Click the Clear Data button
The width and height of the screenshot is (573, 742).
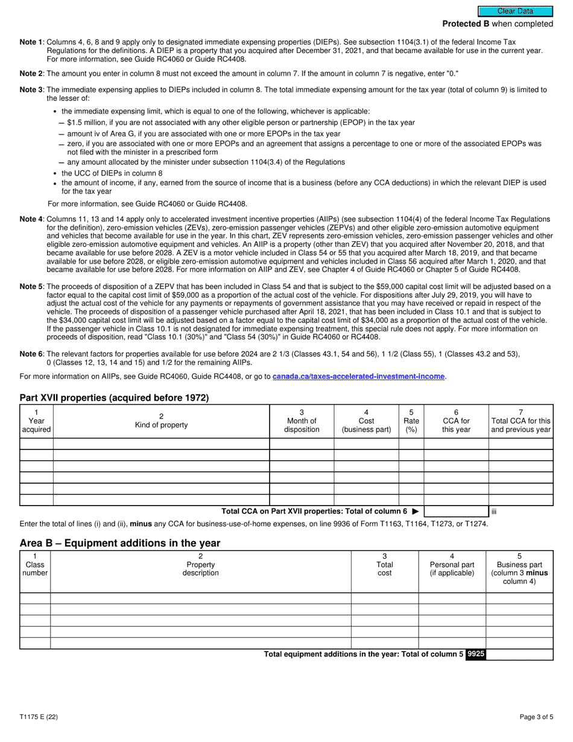(515, 11)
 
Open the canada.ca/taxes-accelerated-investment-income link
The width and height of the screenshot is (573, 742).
(358, 376)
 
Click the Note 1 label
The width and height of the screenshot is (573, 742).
(31, 42)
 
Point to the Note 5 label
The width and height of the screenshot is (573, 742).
(31, 287)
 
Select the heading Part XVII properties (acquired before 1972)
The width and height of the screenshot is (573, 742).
(114, 397)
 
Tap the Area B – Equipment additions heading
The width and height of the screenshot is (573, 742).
(120, 543)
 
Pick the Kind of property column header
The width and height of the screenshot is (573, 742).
(161, 425)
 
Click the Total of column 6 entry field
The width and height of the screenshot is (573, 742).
(455, 512)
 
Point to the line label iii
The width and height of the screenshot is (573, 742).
(493, 512)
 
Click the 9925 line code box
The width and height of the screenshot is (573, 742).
(475, 654)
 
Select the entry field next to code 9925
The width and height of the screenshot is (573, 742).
(519, 654)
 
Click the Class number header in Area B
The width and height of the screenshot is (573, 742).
(35, 568)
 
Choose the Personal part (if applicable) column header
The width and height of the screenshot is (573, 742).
(452, 568)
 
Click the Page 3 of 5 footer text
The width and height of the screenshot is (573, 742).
(536, 717)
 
